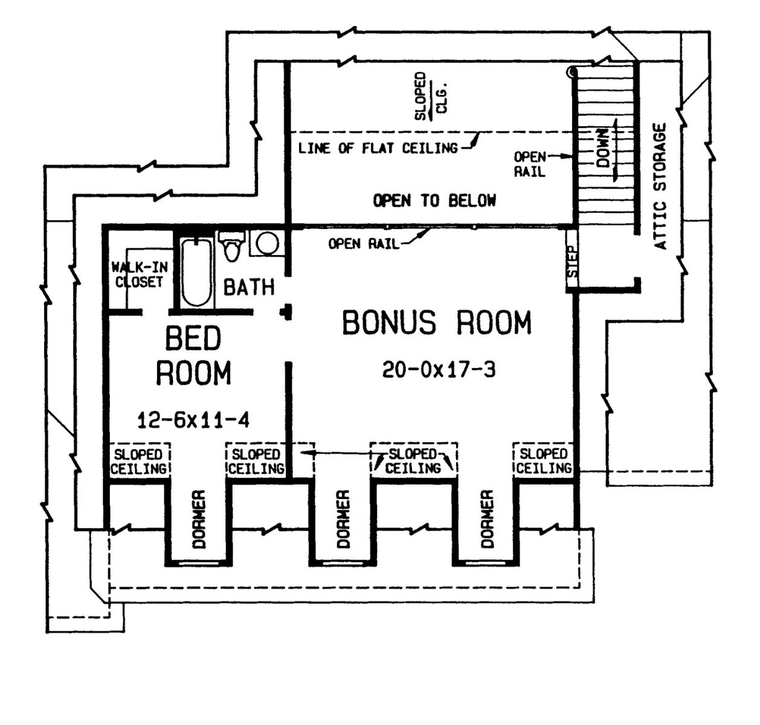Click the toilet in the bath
(231, 245)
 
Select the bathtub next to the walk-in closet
(197, 272)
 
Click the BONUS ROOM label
(437, 322)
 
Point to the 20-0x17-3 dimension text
(439, 369)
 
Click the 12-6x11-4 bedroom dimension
(193, 420)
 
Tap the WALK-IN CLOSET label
(140, 274)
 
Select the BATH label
(249, 288)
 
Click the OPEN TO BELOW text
(434, 201)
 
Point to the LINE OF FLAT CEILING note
(378, 148)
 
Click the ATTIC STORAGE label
(660, 186)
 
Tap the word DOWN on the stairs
(602, 147)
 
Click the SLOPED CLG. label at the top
(431, 97)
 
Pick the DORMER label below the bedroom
(199, 519)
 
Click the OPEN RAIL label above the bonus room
(363, 243)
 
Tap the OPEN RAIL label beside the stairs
(530, 164)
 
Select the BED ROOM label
(193, 355)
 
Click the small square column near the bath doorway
(286, 312)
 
